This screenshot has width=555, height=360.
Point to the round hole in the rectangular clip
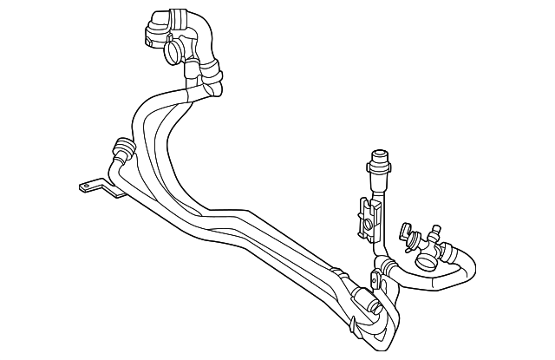369,226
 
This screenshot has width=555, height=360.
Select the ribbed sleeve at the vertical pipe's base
381,265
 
